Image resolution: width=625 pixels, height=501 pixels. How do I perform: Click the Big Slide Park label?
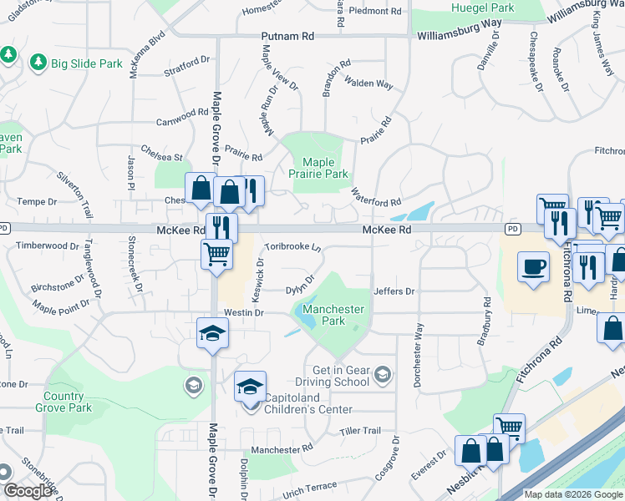click(87, 63)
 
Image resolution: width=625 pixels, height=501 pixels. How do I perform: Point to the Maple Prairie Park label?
click(318, 169)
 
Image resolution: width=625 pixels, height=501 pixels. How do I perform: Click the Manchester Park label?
click(333, 315)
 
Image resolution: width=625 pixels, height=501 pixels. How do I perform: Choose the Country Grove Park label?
click(64, 402)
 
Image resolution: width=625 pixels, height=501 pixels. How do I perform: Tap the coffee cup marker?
click(533, 268)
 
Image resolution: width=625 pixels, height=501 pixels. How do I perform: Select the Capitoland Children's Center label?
click(308, 403)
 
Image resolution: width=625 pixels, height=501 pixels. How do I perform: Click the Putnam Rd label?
click(287, 37)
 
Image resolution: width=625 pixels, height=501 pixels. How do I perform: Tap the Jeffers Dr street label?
click(394, 291)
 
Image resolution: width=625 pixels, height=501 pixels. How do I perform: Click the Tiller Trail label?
click(360, 431)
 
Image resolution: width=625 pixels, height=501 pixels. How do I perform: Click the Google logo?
click(28, 491)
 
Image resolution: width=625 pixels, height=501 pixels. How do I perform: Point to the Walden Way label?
click(369, 83)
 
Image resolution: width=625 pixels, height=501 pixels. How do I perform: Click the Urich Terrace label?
click(309, 486)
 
